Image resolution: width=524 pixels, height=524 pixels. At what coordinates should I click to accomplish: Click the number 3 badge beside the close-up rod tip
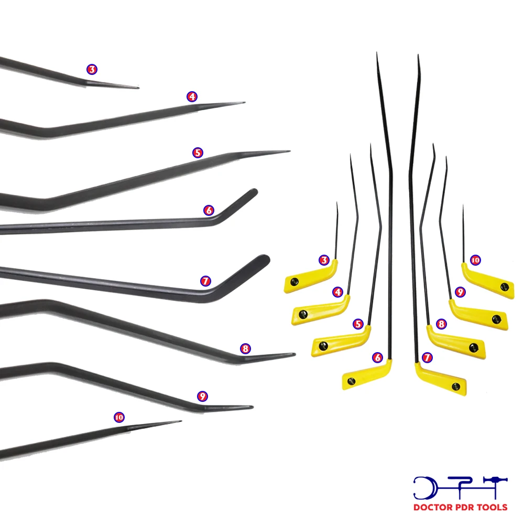92,69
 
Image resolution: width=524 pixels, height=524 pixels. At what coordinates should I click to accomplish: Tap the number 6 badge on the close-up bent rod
209,210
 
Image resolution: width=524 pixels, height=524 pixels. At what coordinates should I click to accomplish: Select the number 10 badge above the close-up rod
119,417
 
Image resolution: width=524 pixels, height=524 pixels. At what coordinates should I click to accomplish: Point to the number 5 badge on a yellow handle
358,324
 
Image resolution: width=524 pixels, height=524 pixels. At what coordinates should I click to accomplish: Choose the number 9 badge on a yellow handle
460,291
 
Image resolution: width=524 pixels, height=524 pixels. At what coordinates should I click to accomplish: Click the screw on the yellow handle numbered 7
456,386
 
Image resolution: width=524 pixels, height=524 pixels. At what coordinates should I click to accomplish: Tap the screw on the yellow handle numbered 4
303,314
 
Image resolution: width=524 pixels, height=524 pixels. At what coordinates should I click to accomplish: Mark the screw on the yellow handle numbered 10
505,286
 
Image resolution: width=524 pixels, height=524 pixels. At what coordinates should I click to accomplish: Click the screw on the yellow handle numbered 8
474,346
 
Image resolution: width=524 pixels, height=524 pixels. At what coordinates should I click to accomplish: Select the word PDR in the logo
462,507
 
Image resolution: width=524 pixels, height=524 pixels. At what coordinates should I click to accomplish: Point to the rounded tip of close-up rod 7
265,259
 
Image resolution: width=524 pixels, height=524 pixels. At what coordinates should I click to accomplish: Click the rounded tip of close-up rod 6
254,192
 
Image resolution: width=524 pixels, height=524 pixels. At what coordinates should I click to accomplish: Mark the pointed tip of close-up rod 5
289,152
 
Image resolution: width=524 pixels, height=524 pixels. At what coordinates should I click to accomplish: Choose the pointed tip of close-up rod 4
244,103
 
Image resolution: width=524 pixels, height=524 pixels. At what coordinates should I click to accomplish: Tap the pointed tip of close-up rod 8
294,355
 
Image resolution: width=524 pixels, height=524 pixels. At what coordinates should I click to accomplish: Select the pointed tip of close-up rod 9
252,407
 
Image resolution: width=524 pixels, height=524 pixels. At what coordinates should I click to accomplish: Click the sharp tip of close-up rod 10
181,421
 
